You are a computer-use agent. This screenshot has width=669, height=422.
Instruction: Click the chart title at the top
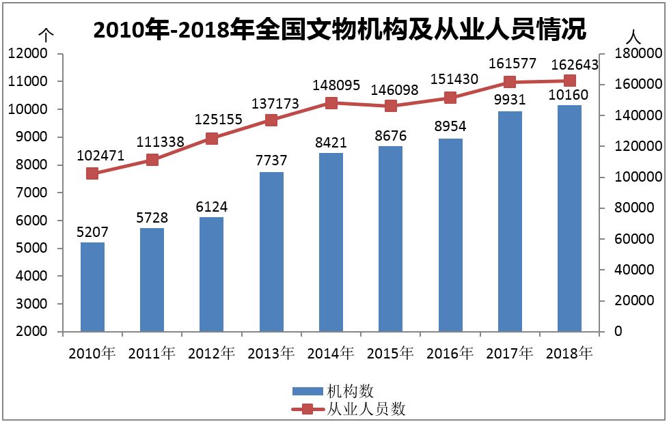click(x=340, y=30)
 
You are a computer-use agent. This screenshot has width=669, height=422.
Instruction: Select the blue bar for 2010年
click(x=92, y=287)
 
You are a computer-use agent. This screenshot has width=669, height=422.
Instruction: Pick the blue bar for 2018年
click(x=569, y=219)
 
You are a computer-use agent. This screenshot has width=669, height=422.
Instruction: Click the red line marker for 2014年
click(x=331, y=103)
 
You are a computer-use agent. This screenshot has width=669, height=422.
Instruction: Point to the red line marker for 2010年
click(x=92, y=173)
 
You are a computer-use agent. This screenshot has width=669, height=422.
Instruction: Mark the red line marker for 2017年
click(x=510, y=82)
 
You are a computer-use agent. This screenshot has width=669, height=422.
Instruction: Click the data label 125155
click(x=212, y=119)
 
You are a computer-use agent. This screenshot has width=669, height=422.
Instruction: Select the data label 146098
click(x=391, y=89)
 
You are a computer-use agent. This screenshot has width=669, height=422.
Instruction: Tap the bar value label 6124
click(x=212, y=206)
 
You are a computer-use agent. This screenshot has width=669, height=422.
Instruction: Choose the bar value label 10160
click(x=569, y=94)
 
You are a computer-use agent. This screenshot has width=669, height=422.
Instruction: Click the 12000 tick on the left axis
click(x=28, y=53)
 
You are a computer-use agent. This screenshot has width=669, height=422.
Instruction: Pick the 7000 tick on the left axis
click(x=31, y=193)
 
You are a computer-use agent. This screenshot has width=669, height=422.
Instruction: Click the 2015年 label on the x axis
click(x=391, y=353)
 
